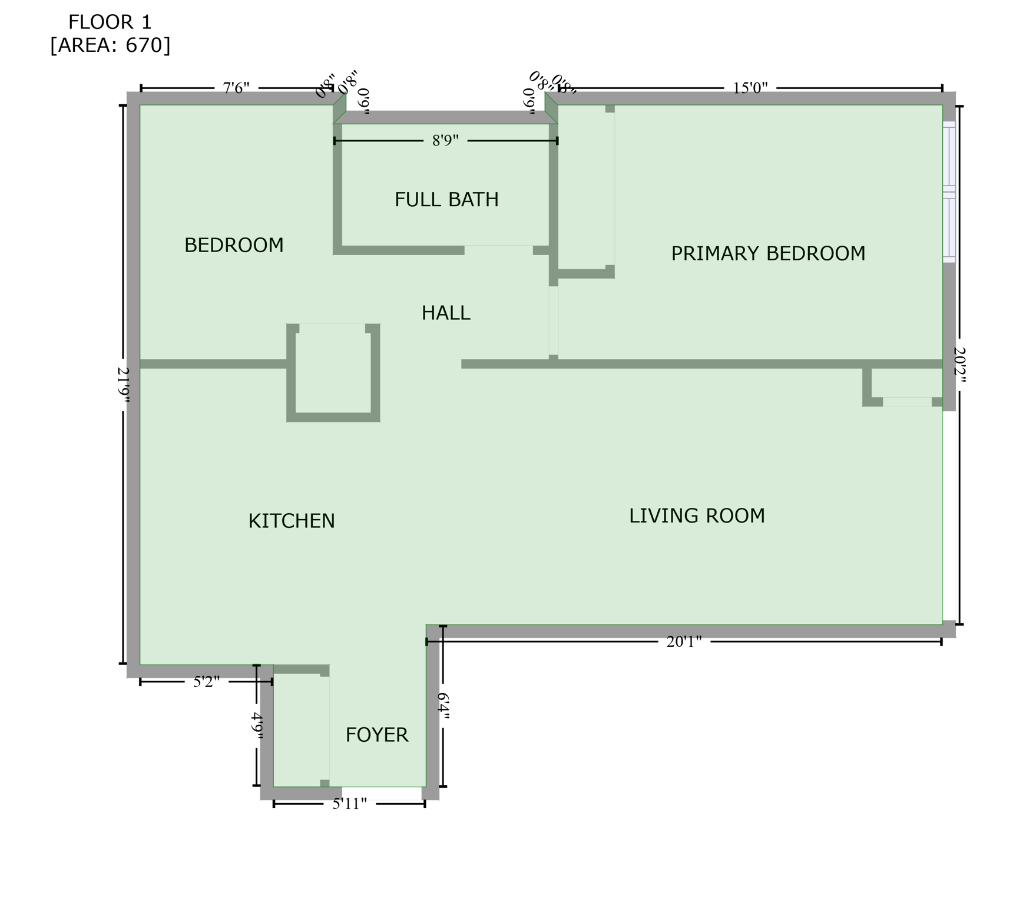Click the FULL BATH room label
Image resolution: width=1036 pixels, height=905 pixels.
pos(446,200)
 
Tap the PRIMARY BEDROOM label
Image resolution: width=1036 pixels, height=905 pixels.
pos(768,253)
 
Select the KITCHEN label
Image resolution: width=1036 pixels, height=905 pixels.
pos(292,521)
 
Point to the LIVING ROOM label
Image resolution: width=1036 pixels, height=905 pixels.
pos(697,516)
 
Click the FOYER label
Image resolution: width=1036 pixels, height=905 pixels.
pos(376,735)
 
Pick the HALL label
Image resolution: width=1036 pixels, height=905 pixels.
pos(446,313)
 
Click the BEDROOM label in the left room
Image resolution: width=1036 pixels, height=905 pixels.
pos(234,245)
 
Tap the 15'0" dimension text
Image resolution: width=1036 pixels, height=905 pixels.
pos(750,88)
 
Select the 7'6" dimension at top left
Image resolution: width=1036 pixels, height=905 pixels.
pos(236,88)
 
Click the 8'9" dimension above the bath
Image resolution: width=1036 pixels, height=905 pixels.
pos(445,141)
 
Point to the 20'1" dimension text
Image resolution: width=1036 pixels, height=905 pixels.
pos(684,642)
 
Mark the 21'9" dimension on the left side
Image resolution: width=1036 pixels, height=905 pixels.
pos(124,385)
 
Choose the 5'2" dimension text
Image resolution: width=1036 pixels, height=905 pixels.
pos(206,682)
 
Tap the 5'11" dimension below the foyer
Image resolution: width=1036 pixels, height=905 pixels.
pos(349,804)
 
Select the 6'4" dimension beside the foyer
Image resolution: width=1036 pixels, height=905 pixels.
pos(443,706)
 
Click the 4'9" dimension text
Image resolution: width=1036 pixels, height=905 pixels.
pos(257,726)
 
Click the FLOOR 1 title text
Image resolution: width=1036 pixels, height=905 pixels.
pos(110,22)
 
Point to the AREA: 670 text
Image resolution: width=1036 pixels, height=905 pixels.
pos(110,45)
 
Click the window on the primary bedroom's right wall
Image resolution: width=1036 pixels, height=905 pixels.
pos(948,191)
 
